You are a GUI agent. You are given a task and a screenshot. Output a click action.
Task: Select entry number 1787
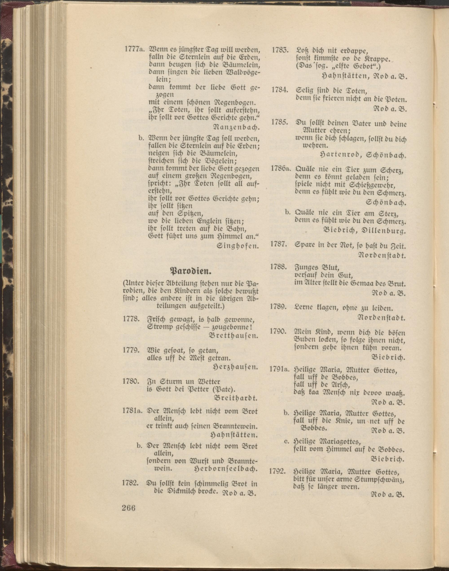click(x=278, y=245)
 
